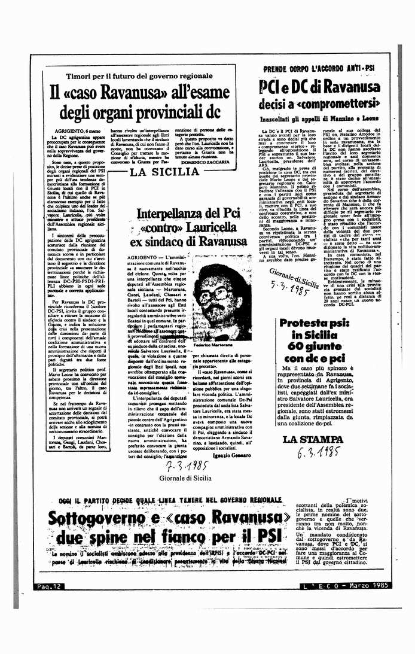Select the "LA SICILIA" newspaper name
[164, 172]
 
